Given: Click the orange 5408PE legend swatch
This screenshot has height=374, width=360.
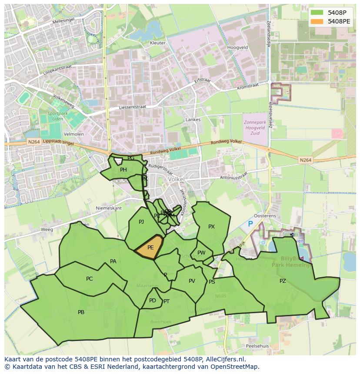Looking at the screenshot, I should [x=317, y=21].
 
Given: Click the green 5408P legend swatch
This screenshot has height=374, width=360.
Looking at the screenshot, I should [x=317, y=13].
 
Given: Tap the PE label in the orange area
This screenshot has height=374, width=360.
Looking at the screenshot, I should [x=150, y=248].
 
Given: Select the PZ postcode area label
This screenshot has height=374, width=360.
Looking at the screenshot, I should [x=283, y=281].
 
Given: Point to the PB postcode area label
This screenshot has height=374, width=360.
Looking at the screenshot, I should [x=81, y=312].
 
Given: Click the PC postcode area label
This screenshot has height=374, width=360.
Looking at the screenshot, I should [x=89, y=279].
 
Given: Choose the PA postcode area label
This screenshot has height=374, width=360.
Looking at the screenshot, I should [x=113, y=261].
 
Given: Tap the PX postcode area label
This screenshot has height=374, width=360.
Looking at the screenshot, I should [x=211, y=227].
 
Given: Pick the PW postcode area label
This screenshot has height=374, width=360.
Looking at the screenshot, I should [x=201, y=253].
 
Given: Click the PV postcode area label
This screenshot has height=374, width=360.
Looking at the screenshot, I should [x=192, y=281].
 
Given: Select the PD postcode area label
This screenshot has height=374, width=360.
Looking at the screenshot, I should [x=152, y=301].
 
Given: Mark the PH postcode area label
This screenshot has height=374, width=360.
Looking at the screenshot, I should [x=123, y=170].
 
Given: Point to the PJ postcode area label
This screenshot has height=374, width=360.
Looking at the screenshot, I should [x=141, y=222].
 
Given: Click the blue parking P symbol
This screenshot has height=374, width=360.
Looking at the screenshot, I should [x=250, y=224].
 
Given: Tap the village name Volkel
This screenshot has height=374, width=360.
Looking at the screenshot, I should [x=176, y=179].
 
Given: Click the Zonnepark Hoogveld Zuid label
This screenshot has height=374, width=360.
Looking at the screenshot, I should [x=255, y=128].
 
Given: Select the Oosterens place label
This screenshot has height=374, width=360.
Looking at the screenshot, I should [x=265, y=216].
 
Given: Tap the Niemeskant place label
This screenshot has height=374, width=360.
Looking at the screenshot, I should [x=109, y=208].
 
